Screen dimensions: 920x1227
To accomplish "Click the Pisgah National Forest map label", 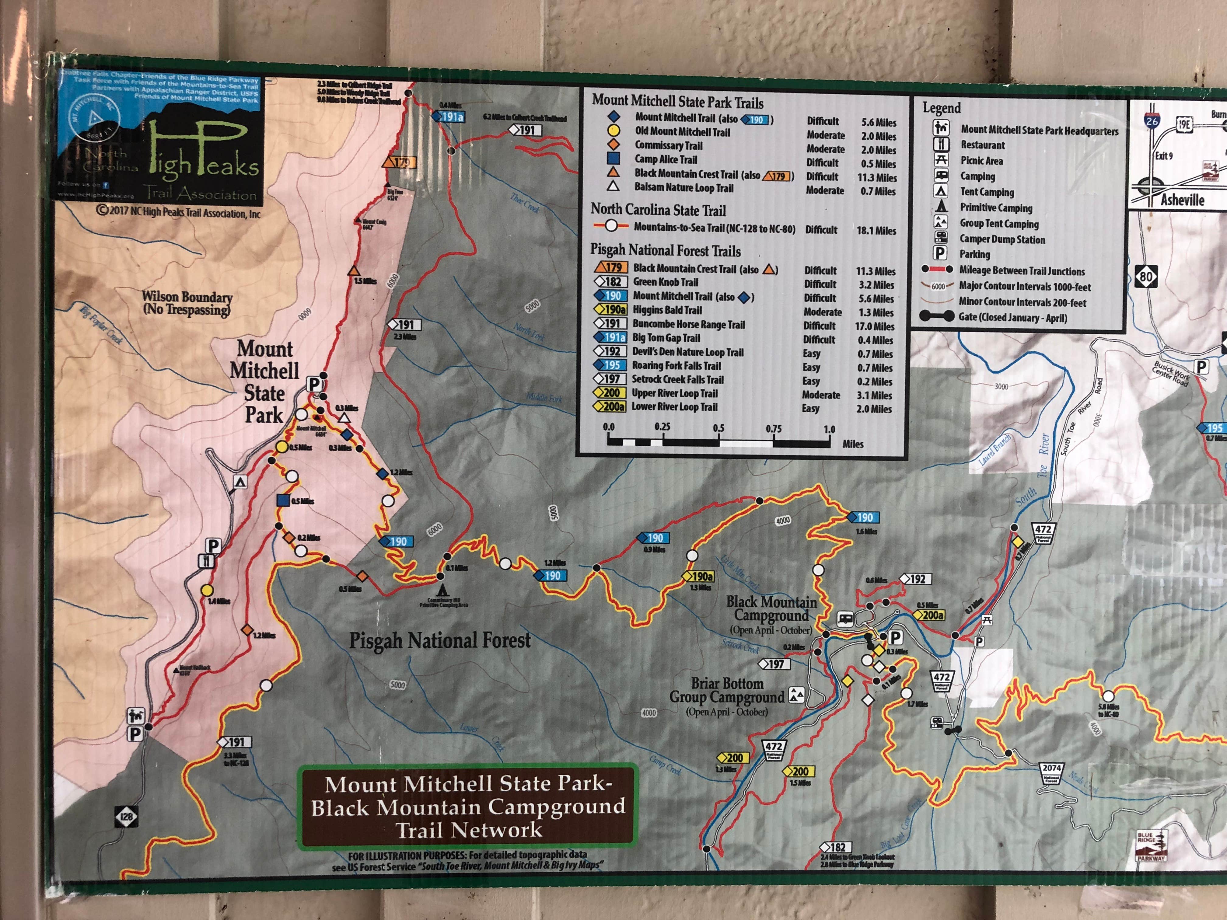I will (439, 640).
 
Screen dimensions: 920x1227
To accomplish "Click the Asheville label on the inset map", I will (1182, 200).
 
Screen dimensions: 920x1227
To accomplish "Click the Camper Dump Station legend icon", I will (941, 238).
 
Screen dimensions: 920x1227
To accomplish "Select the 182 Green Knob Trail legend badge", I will (611, 282).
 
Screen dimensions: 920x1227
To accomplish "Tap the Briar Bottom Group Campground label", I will (727, 690).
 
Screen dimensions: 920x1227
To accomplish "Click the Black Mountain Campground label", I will (771, 608).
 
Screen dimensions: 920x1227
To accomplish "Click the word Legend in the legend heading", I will (941, 108).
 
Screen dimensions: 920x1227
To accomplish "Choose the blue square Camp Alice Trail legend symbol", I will (613, 159).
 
